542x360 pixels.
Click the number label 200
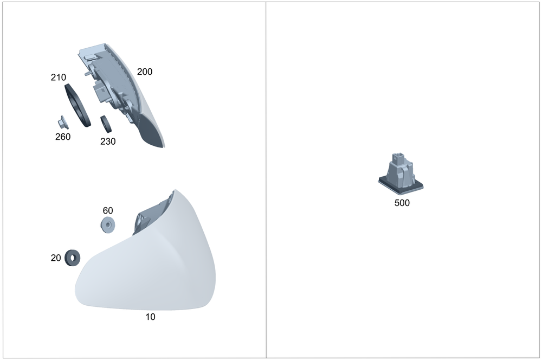coord(145,72)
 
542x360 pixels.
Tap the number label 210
coord(59,78)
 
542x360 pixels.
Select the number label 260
coord(63,137)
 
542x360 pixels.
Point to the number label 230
coord(108,142)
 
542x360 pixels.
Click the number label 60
coord(108,210)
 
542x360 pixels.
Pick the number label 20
coord(56,258)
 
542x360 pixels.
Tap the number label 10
coord(150,317)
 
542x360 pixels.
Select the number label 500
coord(402,203)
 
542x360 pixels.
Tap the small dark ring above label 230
coord(106,124)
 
